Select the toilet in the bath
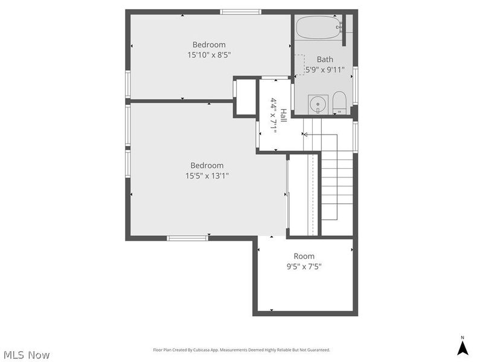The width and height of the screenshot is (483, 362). point(339,103)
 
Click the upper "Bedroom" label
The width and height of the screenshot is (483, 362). point(209,45)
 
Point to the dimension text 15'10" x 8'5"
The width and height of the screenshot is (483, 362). point(209,55)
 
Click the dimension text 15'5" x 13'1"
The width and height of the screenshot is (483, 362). point(207,176)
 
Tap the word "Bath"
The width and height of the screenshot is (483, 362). point(325,59)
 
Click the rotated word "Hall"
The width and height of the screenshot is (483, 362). point(283,115)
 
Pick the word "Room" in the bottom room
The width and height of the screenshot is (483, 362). point(304,256)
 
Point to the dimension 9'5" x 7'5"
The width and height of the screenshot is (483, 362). point(304,266)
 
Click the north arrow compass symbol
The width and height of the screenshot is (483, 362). point(462,347)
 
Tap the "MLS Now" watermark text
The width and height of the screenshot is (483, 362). point(27,355)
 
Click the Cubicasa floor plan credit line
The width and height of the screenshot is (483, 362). point(241,350)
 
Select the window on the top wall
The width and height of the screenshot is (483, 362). point(240,11)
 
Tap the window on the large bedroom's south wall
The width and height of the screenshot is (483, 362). point(188,238)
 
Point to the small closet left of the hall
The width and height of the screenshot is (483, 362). point(246,97)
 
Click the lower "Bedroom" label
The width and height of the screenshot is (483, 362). point(207,165)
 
